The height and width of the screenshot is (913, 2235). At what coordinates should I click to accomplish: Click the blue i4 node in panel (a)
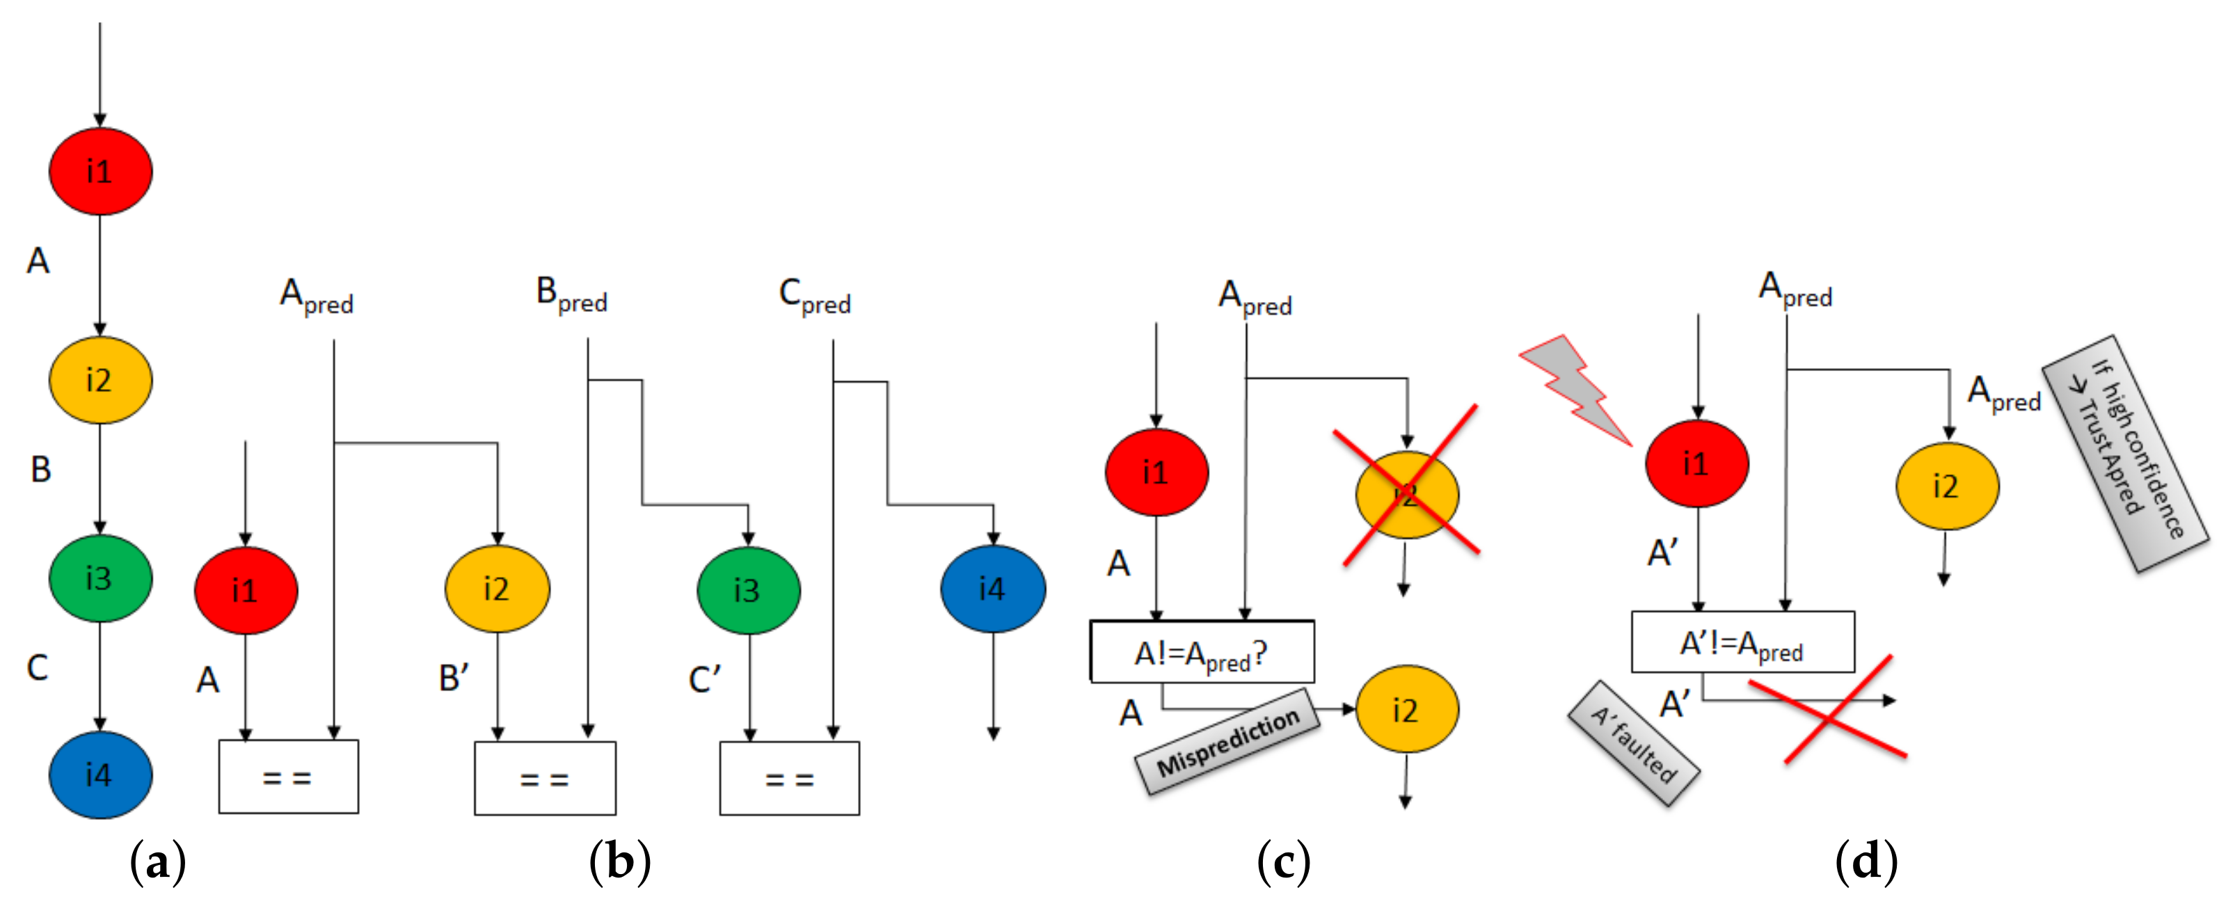point(100,774)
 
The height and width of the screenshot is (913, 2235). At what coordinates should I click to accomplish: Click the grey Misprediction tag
point(1227,741)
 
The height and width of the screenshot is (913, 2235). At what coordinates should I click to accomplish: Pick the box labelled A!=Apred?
point(1202,653)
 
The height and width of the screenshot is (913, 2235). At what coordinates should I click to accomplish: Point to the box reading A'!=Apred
point(1742,642)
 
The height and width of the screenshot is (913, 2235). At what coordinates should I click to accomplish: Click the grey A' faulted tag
point(1633,744)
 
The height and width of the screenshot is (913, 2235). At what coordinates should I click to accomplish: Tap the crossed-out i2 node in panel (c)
point(1406,495)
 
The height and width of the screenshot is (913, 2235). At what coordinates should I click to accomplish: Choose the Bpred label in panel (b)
point(571,295)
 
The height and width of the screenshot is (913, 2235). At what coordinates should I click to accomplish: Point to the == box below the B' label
point(545,779)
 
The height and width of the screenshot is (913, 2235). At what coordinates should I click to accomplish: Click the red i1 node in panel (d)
point(1696,463)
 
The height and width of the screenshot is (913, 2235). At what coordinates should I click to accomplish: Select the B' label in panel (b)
point(454,678)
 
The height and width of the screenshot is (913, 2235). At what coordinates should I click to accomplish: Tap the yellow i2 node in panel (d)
point(1946,486)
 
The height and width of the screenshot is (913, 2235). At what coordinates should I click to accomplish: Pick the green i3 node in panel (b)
point(748,590)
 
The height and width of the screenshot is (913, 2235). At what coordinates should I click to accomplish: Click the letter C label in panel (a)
point(38,667)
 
